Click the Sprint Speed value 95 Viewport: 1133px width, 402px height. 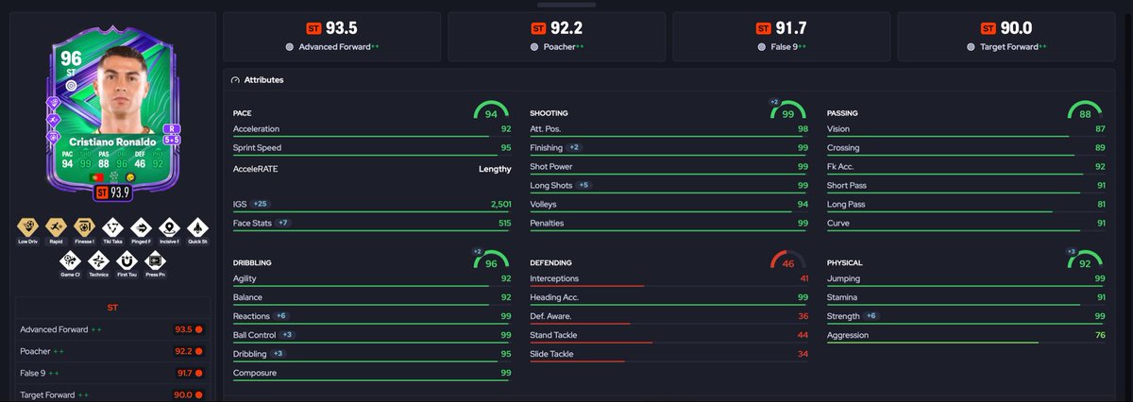point(506,147)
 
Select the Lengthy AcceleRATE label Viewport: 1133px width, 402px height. point(495,169)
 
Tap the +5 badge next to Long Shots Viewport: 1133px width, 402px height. point(583,185)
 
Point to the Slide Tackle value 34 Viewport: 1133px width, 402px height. point(803,354)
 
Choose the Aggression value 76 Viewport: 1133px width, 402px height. point(1100,335)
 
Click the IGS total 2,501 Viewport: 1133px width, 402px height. point(500,204)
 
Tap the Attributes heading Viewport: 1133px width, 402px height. point(263,80)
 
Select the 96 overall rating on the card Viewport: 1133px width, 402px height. point(71,59)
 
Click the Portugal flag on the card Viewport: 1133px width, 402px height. point(96,177)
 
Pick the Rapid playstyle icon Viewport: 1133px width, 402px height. point(56,227)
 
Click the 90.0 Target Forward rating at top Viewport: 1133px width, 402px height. point(1016,28)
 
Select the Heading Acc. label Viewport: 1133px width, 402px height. point(554,297)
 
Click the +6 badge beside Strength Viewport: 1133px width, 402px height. point(871,315)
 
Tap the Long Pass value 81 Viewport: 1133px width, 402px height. point(1101,204)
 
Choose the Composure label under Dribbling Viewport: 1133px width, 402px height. point(254,373)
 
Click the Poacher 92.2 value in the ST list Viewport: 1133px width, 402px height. point(183,351)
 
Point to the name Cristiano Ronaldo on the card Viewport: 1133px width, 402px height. point(112,142)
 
